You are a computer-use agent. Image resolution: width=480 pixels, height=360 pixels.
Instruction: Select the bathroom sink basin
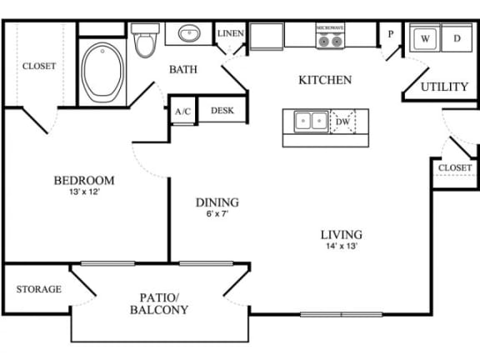(x=187, y=35)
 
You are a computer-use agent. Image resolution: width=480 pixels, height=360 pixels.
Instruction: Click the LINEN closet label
(x=229, y=33)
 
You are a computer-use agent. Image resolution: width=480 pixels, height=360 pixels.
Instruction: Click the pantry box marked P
(x=389, y=34)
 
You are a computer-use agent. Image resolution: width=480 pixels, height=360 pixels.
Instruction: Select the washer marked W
(x=425, y=38)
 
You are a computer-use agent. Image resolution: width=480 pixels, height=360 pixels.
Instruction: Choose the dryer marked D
(x=456, y=38)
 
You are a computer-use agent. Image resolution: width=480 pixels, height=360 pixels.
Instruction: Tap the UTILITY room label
(x=442, y=87)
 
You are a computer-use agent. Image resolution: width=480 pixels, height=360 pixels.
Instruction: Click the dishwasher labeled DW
(x=342, y=122)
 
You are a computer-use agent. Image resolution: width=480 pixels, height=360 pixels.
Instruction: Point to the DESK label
(x=221, y=110)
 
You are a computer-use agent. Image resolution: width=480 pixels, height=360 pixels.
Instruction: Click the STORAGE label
(x=38, y=289)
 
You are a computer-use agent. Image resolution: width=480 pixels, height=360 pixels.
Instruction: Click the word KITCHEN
(x=325, y=81)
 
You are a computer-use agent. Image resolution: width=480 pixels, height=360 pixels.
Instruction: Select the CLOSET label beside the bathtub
(x=38, y=67)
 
